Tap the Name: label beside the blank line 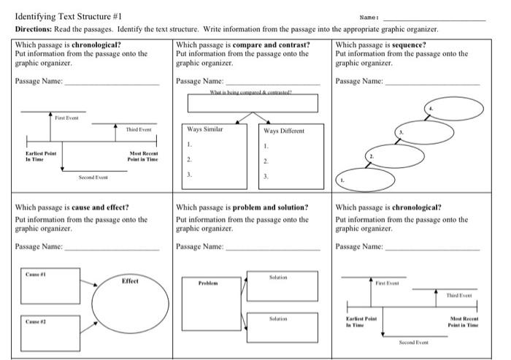point(369,18)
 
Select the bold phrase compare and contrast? point(271,45)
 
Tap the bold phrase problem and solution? point(270,207)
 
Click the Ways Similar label point(205,130)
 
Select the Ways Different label point(284,131)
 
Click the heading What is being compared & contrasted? point(250,93)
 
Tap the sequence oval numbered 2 point(395,156)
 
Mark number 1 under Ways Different point(266,147)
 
